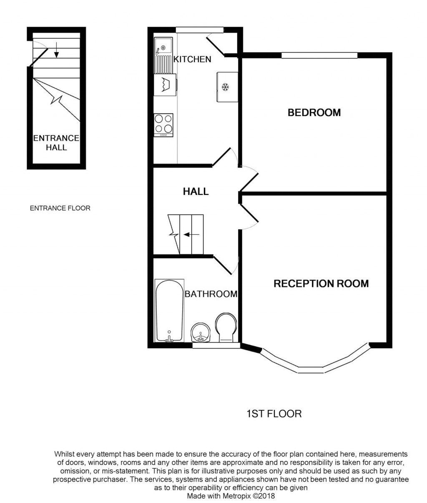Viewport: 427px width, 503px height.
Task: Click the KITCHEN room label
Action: click(192, 59)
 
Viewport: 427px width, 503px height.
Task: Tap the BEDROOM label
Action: click(314, 112)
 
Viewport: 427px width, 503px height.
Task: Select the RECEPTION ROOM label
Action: click(321, 284)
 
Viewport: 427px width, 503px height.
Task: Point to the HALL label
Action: click(196, 192)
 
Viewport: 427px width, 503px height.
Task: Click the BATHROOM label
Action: click(211, 294)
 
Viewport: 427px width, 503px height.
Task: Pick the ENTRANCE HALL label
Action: click(56, 143)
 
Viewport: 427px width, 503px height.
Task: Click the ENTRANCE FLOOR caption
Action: click(60, 208)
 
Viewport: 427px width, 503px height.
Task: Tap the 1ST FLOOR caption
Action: click(274, 414)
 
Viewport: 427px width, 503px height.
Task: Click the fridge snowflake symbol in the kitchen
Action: click(226, 87)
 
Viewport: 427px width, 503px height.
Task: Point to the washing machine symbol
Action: click(165, 85)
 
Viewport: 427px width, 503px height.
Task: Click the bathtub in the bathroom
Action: click(169, 311)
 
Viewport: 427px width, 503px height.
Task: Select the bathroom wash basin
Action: click(201, 333)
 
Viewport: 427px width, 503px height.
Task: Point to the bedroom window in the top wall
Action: click(319, 55)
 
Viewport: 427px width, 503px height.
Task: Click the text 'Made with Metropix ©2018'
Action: click(231, 496)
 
